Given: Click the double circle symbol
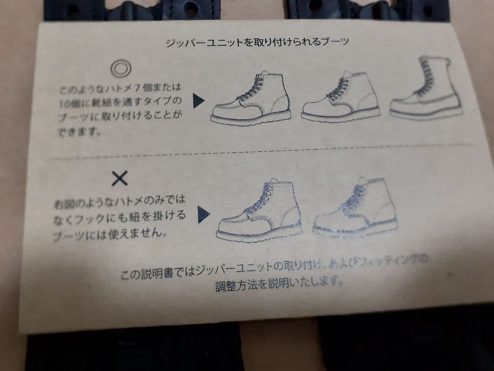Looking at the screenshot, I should click(x=121, y=69).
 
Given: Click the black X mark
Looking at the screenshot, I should click(x=119, y=178).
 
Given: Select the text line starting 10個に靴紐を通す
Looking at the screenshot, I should click(x=120, y=102).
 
